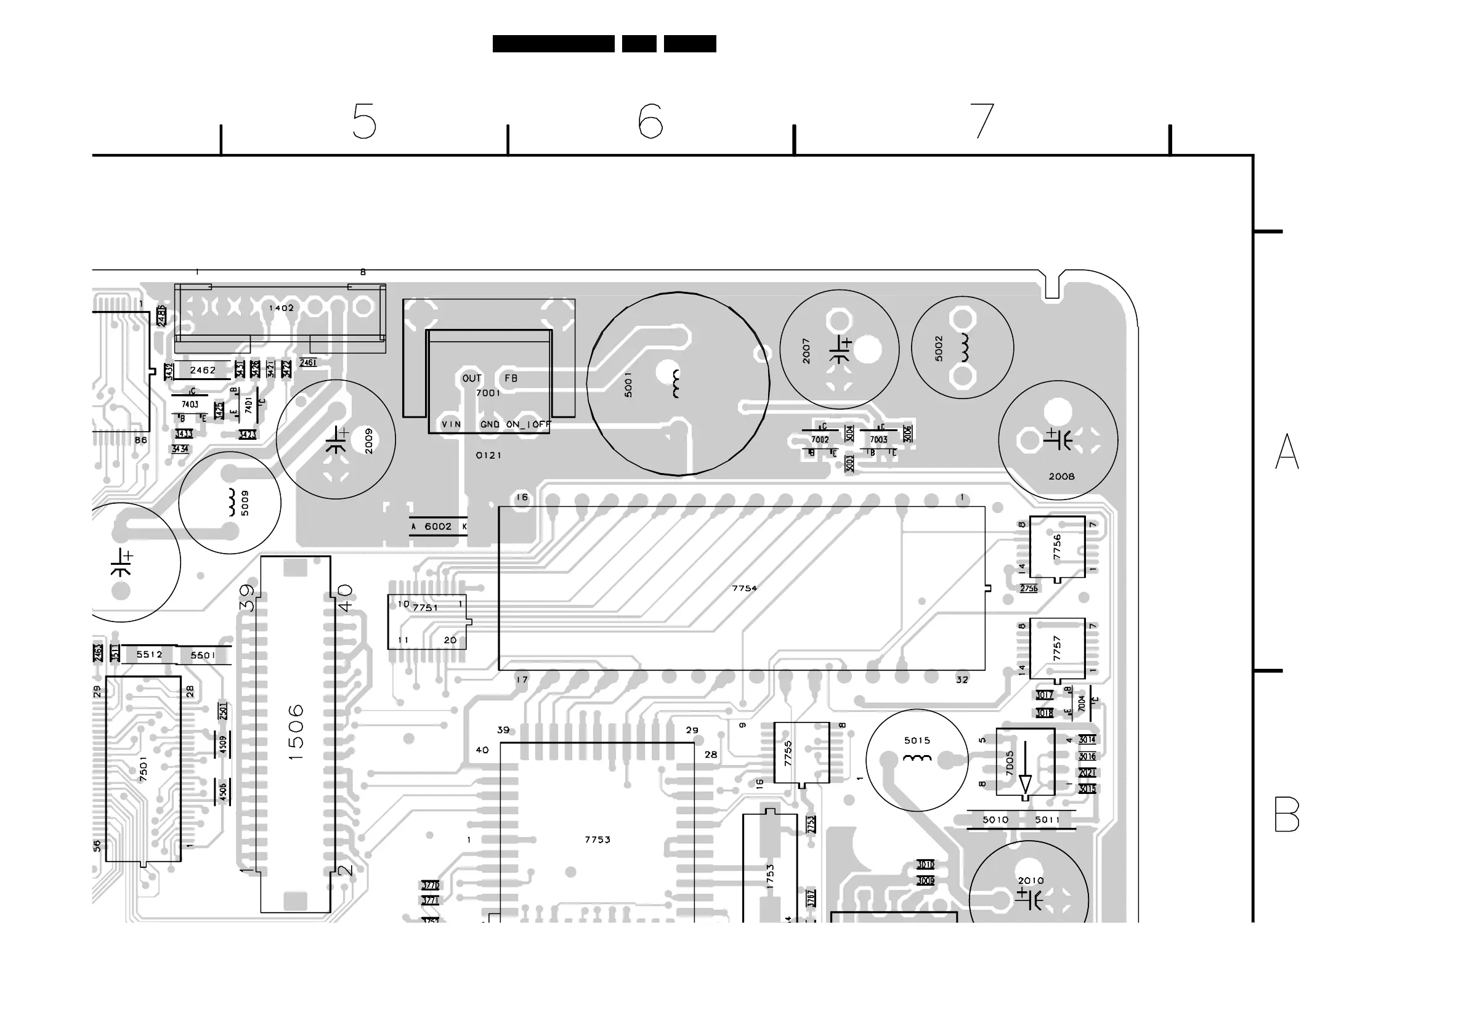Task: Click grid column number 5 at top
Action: [364, 121]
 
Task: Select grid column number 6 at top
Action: [650, 121]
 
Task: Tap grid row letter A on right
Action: [1287, 451]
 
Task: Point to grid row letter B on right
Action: [1287, 814]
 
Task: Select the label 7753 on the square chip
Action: [597, 840]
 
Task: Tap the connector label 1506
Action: [296, 732]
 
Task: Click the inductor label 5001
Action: [628, 384]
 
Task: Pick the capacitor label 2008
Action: [1061, 476]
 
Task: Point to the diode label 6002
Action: [438, 527]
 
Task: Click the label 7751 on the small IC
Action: [425, 608]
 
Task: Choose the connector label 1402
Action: [281, 309]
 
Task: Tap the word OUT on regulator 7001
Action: [472, 379]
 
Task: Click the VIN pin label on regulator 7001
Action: [451, 424]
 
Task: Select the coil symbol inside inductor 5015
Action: [917, 758]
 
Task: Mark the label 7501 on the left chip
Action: [144, 769]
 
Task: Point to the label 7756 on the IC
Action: [1057, 547]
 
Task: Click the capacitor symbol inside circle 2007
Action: [840, 350]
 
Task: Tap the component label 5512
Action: [150, 654]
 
